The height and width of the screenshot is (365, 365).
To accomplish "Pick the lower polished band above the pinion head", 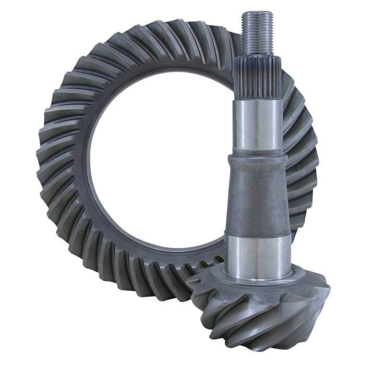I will coord(259,256).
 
